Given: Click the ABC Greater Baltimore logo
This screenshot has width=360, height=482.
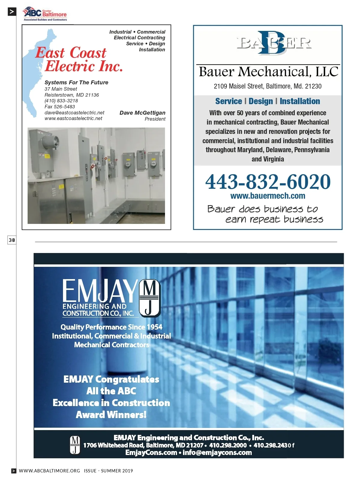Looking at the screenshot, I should (45, 14).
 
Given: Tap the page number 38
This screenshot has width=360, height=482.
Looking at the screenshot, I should (12, 240).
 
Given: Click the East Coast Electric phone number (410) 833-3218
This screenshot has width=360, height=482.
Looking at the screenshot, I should (61, 101).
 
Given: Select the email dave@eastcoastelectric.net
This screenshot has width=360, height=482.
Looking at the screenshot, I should (74, 113).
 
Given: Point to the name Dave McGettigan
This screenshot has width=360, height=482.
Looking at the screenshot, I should (142, 113).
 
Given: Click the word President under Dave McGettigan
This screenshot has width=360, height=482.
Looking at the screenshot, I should (155, 119).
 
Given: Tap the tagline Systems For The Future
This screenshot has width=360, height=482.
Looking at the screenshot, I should (76, 83).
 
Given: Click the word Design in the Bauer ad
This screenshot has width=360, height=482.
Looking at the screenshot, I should (261, 101).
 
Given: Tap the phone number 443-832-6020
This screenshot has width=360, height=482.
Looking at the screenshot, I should (268, 182).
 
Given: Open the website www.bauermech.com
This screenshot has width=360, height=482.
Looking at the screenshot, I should (268, 196).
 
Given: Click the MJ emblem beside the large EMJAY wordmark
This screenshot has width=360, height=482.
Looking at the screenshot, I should (150, 298).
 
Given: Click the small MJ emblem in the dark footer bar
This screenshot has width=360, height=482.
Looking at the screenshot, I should (75, 445).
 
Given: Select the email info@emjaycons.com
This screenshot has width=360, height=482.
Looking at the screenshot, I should (217, 453).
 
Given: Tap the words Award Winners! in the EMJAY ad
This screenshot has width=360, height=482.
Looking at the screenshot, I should (111, 415).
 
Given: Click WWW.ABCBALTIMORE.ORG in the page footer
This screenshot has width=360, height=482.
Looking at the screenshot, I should (49, 471).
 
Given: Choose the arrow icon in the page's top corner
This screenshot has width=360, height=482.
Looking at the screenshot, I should (12, 12).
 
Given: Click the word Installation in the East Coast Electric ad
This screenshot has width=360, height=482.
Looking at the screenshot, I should (152, 50).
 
